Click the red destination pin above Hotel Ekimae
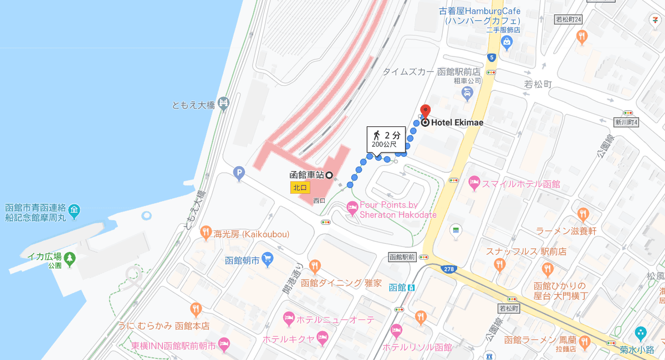tap(425, 110)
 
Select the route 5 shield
tap(491, 57)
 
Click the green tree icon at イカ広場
tap(69, 257)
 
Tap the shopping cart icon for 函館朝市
tap(268, 258)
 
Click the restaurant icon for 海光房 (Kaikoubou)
tap(206, 232)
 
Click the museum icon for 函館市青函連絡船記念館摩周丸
tap(74, 210)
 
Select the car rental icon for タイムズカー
tap(468, 93)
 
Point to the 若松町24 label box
tap(569, 19)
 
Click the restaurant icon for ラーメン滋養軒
tap(582, 214)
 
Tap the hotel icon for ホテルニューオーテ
tap(288, 317)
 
